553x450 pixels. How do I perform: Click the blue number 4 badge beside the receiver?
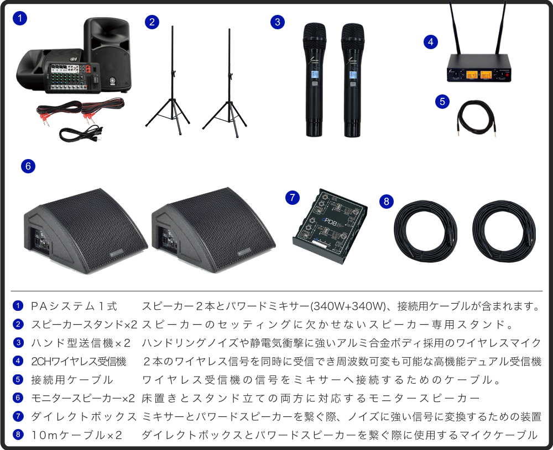pyautogui.click(x=431, y=42)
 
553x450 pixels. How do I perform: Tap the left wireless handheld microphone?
pyautogui.click(x=314, y=80)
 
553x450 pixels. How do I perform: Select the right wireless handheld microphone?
pyautogui.click(x=352, y=80)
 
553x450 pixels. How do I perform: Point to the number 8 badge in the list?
pyautogui.click(x=18, y=435)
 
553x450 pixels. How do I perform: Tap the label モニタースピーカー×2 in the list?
pyautogui.click(x=83, y=398)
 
